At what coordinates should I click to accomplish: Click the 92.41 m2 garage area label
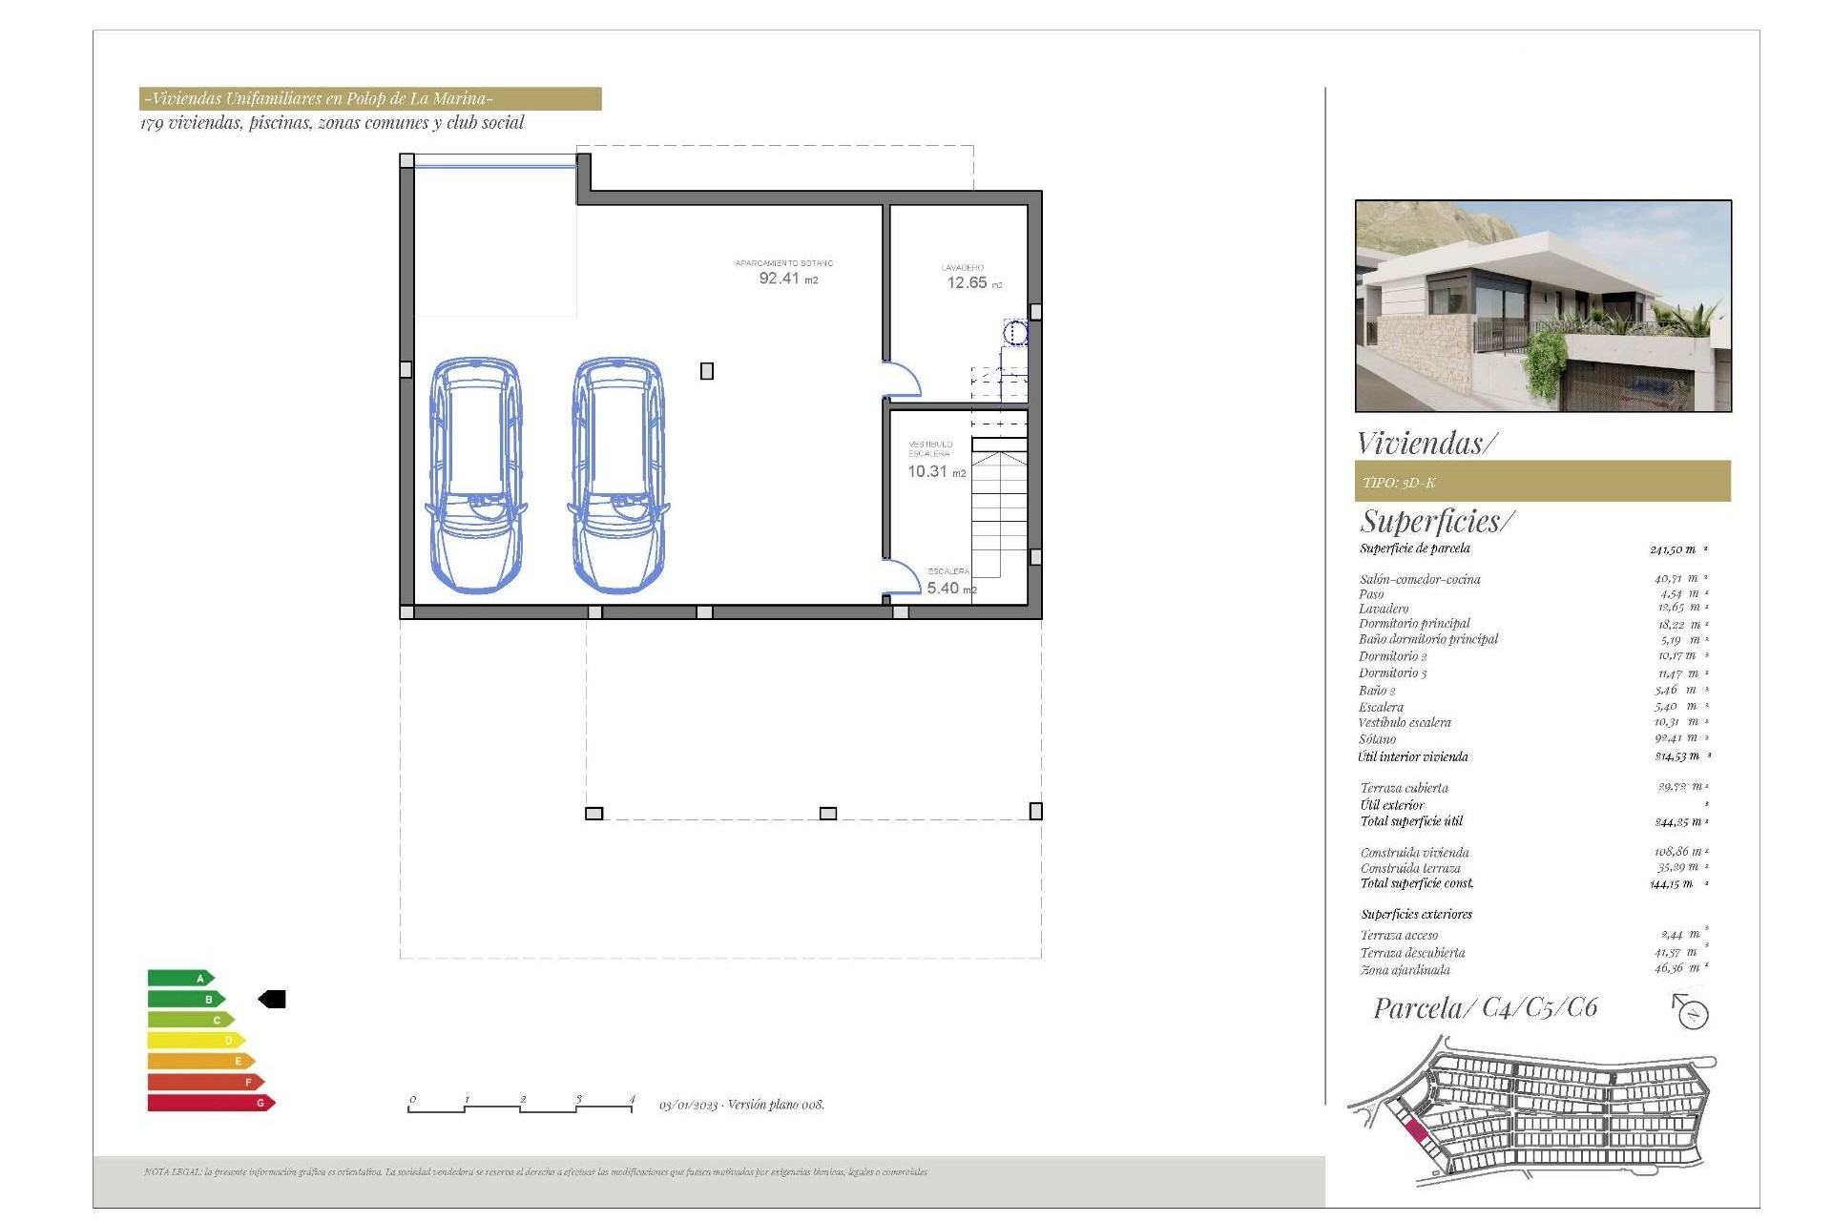click(x=787, y=279)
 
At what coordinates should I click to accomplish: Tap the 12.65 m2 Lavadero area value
click(x=972, y=283)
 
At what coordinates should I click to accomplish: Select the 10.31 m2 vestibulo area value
click(x=935, y=471)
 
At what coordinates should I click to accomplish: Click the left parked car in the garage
click(x=475, y=475)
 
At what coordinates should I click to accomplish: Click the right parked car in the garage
click(x=618, y=475)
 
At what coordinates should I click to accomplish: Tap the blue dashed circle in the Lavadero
click(x=1015, y=333)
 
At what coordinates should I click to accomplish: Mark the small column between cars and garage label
click(x=707, y=371)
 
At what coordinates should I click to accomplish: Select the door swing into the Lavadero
click(x=901, y=380)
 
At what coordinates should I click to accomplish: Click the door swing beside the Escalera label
click(x=901, y=578)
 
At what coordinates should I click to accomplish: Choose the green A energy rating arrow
click(x=180, y=978)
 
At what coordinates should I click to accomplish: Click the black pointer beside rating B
click(x=273, y=999)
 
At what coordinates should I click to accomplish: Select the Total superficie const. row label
click(x=1416, y=883)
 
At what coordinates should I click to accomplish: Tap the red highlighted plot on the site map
click(x=1416, y=1132)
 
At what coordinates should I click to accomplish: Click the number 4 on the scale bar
click(x=632, y=1099)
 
